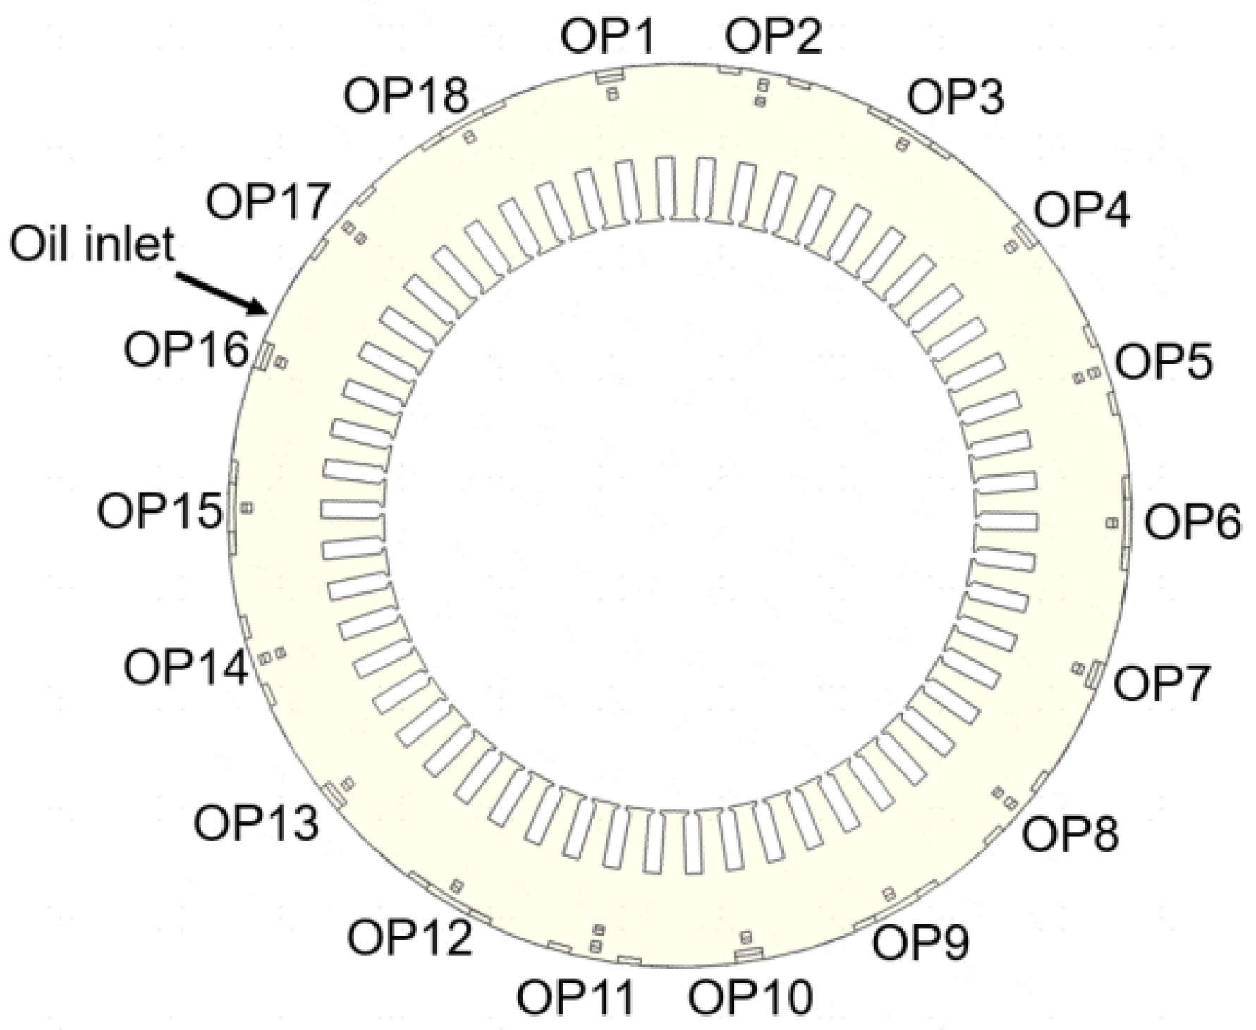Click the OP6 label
[1193, 523]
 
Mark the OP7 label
[1162, 683]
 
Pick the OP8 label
[1070, 835]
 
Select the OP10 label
[750, 997]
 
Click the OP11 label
[576, 997]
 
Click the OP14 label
[187, 667]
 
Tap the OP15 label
[160, 511]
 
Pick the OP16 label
[187, 348]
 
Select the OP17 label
[269, 200]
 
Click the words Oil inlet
[92, 244]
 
